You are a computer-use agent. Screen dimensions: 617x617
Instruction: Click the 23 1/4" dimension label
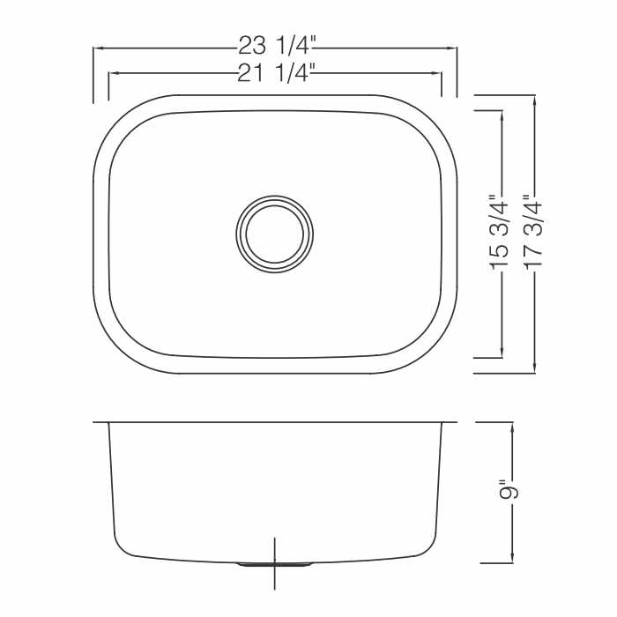[277, 46]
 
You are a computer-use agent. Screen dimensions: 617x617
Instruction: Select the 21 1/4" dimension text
[276, 72]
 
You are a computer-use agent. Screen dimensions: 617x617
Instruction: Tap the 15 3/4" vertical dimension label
[499, 232]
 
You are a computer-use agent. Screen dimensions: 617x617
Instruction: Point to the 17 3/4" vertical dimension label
[532, 232]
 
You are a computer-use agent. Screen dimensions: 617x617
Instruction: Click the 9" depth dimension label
[509, 489]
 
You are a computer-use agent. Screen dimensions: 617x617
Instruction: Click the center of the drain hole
[275, 234]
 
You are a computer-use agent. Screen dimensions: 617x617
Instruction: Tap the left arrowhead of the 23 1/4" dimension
[98, 48]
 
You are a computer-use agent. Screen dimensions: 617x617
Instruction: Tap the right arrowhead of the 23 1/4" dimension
[452, 48]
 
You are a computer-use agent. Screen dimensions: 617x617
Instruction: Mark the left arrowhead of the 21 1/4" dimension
[114, 73]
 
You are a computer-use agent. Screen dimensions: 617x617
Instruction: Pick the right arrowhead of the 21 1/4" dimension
[437, 73]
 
